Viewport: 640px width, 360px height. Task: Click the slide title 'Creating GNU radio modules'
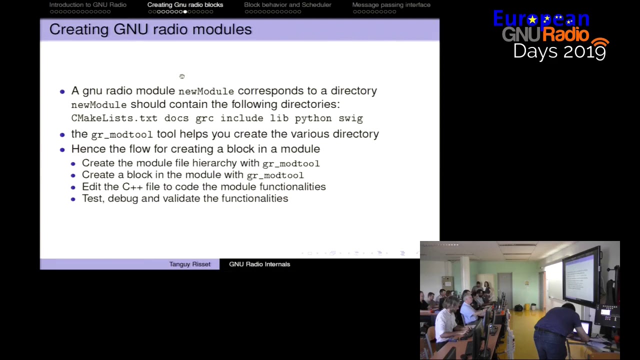150,29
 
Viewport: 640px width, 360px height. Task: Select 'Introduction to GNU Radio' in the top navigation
88,5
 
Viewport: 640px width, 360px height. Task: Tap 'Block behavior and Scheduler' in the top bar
287,5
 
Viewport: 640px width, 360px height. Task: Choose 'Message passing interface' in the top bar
391,5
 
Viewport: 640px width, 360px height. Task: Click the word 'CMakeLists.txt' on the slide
114,118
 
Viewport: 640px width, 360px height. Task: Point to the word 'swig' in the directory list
350,118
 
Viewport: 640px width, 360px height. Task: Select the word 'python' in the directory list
313,118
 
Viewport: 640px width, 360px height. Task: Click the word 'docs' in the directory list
176,118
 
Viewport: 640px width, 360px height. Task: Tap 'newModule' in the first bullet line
206,91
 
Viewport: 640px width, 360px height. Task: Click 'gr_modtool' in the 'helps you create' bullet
121,134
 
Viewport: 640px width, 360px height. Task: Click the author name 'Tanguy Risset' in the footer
189,264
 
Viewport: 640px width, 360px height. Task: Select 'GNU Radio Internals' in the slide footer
259,264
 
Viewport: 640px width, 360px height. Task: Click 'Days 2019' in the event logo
559,51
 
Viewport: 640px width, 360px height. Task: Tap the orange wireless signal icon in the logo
600,46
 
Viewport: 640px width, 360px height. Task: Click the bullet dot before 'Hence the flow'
62,149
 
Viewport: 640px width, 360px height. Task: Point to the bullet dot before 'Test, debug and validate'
73,199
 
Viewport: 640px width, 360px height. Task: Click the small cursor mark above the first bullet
182,76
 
